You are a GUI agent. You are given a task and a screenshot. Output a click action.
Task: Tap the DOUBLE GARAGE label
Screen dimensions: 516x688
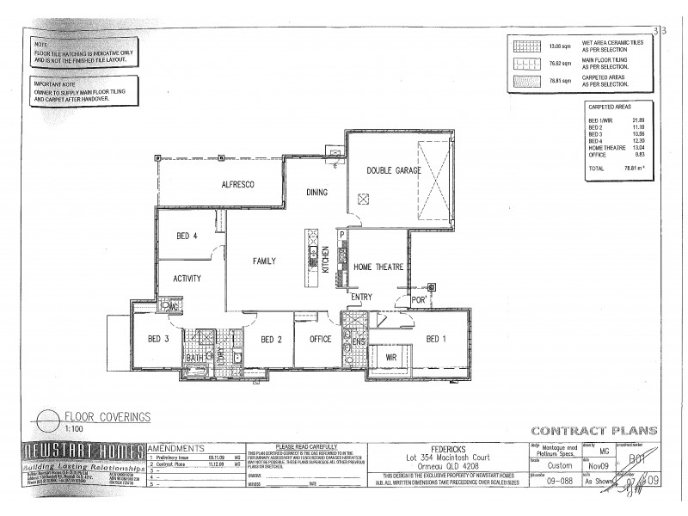393,171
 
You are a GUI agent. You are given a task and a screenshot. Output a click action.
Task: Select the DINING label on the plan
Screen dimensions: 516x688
317,193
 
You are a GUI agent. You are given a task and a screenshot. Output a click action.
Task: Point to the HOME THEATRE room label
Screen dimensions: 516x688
378,268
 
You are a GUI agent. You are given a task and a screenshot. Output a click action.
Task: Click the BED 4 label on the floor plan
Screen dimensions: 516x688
187,236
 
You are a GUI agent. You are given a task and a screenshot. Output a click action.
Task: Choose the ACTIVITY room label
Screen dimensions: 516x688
187,278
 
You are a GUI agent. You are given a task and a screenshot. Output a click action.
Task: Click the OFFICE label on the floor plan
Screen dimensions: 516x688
320,340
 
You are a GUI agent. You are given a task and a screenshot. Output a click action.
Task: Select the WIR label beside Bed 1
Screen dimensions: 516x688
390,355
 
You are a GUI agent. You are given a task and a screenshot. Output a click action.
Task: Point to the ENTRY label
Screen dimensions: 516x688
361,297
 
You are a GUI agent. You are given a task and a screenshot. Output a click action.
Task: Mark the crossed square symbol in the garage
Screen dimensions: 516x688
364,199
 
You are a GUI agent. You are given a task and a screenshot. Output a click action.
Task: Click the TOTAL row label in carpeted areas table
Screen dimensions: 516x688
595,169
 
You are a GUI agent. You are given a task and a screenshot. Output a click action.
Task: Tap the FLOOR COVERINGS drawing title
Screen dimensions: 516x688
108,416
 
